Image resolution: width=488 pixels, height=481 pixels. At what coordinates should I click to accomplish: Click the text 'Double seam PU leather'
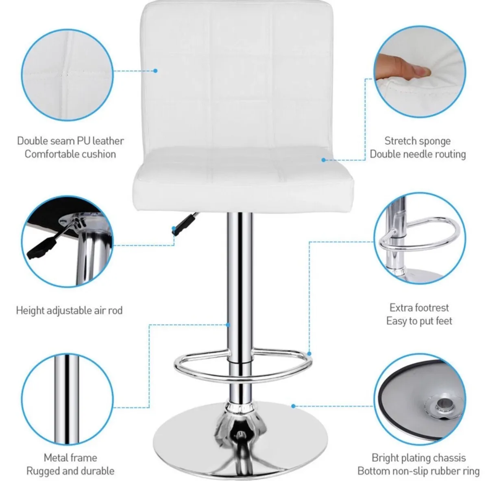[x=70, y=141]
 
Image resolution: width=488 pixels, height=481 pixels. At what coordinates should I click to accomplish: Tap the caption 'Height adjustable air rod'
[x=69, y=311]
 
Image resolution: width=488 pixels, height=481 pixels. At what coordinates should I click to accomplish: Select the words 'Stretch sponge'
[x=418, y=141]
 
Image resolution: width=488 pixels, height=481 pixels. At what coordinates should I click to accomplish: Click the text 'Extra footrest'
[x=419, y=308]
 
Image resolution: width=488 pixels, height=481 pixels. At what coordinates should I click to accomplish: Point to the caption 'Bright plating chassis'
[x=418, y=458]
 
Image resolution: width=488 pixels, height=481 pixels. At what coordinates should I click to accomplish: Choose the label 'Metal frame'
[x=70, y=458]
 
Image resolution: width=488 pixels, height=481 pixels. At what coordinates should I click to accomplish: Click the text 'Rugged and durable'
[x=70, y=471]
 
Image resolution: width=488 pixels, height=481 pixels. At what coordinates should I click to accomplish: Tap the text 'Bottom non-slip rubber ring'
[x=418, y=471]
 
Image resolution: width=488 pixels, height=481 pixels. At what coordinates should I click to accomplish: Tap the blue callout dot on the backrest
[x=155, y=71]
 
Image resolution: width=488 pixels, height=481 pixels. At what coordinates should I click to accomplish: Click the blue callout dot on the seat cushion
[x=324, y=160]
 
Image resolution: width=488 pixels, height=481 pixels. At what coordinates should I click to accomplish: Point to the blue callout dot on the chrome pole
[x=229, y=325]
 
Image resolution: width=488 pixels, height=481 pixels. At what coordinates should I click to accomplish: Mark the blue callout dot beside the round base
[x=293, y=405]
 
